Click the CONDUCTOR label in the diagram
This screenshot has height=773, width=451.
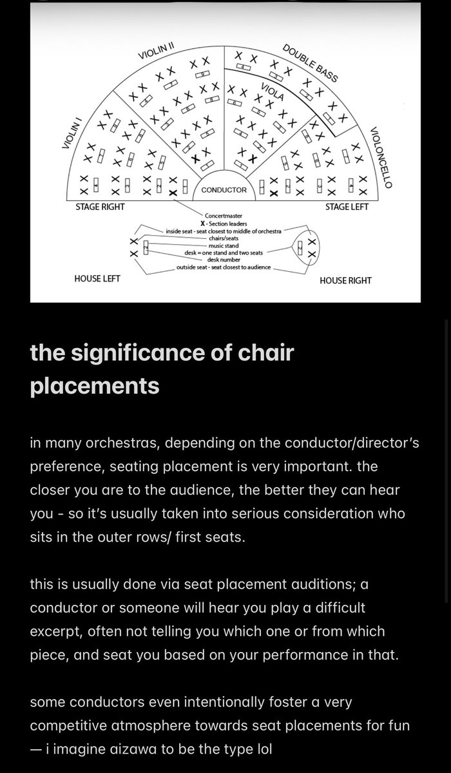tap(224, 190)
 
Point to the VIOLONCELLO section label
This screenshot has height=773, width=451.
tap(381, 158)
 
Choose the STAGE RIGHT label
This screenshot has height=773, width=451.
tap(100, 207)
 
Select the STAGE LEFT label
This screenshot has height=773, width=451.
tap(346, 207)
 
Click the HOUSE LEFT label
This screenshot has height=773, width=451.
tap(97, 279)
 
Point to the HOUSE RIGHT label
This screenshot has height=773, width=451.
tap(345, 280)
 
